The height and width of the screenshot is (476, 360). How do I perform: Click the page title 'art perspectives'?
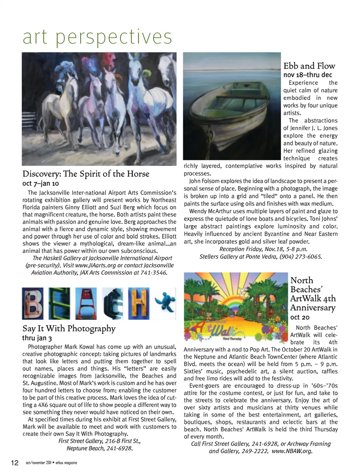[x=97, y=37]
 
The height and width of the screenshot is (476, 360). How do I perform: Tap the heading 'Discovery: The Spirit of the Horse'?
[x=86, y=174]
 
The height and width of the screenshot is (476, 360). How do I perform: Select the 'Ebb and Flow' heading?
[x=309, y=66]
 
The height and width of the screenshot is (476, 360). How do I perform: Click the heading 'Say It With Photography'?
[x=69, y=329]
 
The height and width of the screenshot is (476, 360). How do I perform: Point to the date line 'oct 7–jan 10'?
[x=40, y=183]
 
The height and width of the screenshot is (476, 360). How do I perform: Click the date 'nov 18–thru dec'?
[x=307, y=75]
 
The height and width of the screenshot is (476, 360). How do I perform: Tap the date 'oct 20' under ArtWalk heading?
[x=300, y=317]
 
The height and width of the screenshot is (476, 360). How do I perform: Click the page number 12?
[x=15, y=463]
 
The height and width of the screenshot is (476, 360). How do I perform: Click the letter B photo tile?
[x=33, y=304]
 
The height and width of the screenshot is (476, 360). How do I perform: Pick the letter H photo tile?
[x=138, y=304]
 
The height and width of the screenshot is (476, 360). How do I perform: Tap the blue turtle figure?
[x=165, y=302]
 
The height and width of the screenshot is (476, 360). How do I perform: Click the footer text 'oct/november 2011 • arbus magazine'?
[x=51, y=463]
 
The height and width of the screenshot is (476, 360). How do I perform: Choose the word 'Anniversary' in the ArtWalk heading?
[x=313, y=308]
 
